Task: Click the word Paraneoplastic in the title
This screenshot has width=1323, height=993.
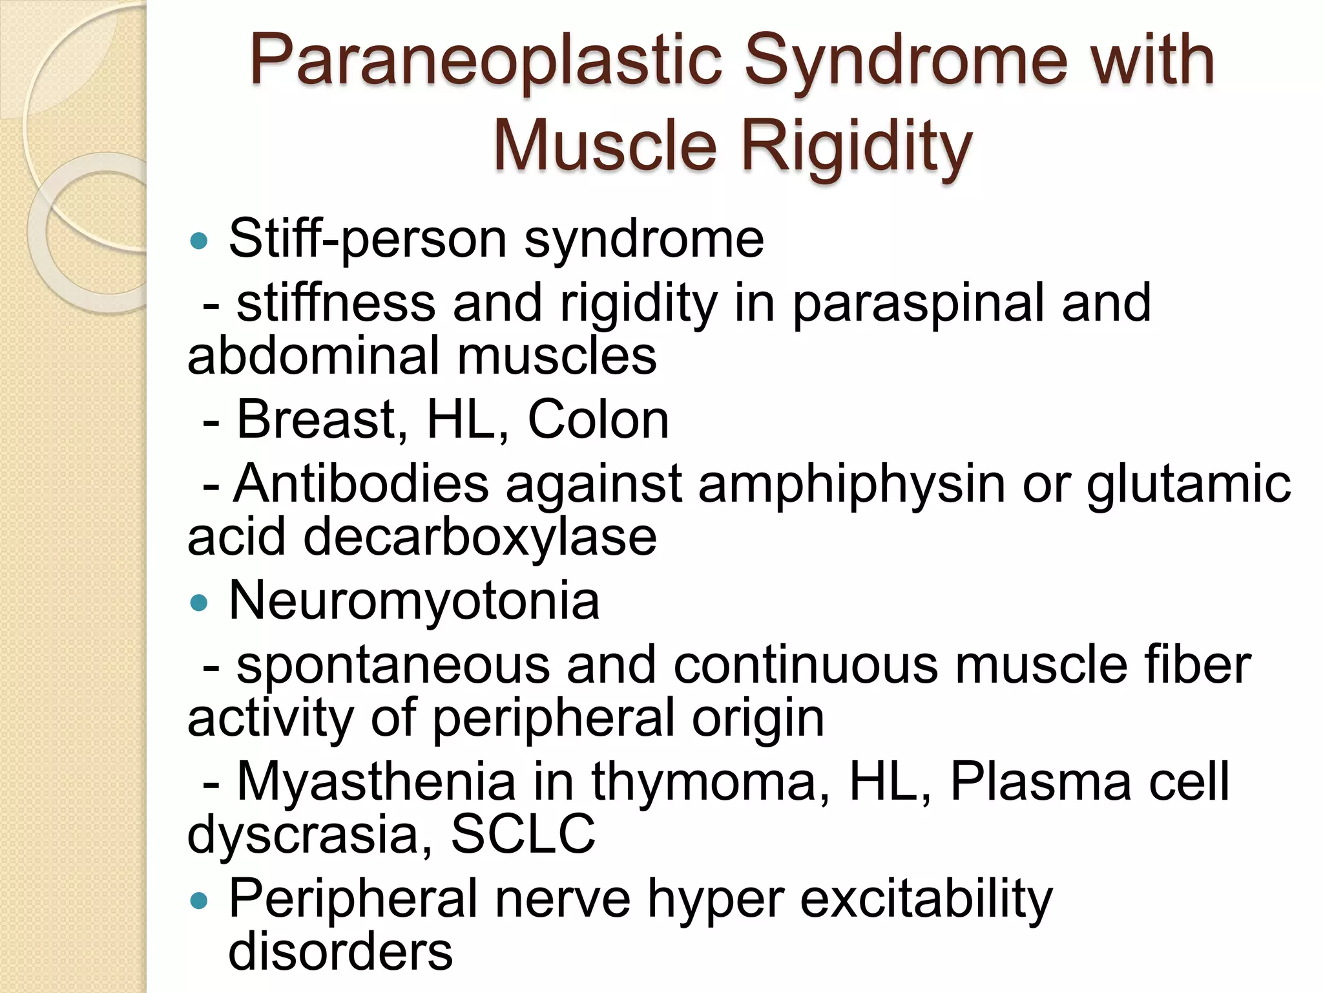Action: pos(486,61)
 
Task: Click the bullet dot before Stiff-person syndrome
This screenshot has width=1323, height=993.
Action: pos(200,242)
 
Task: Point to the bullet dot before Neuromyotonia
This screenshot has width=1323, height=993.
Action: pos(200,603)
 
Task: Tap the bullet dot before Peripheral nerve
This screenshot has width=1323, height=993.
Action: pos(200,901)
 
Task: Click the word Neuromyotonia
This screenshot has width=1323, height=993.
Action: pos(414,601)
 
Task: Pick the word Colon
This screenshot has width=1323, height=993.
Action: pos(598,420)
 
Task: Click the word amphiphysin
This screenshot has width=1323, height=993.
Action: pos(851,485)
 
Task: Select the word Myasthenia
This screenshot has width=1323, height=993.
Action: pos(376,782)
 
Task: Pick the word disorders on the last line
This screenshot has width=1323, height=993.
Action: pos(340,952)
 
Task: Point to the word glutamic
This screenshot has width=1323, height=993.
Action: pos(1189,485)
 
